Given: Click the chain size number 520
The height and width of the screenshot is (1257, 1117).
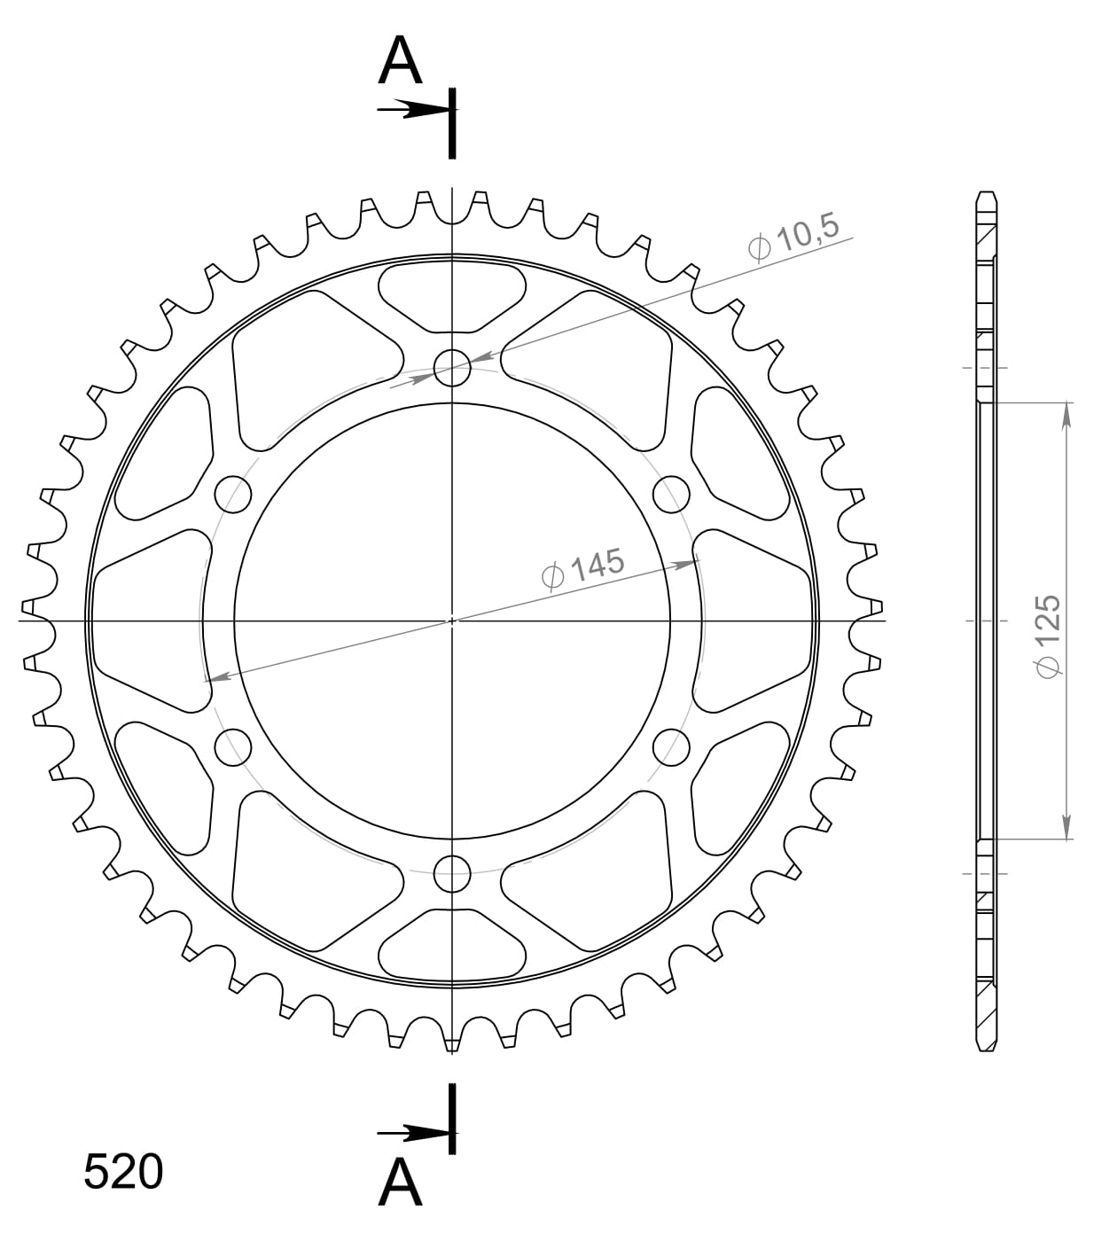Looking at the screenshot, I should [123, 1172].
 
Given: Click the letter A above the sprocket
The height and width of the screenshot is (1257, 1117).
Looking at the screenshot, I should [400, 61].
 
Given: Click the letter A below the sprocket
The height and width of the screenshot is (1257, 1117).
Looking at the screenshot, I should [400, 1183].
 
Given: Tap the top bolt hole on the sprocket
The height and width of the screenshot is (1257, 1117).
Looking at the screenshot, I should [452, 367].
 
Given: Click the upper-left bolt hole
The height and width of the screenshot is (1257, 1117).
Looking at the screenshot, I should [233, 494].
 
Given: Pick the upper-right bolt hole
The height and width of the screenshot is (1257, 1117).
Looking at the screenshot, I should [672, 494].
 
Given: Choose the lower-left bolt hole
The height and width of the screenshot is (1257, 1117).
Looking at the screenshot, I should [233, 747].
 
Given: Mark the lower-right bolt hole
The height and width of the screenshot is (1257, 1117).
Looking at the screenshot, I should [672, 747].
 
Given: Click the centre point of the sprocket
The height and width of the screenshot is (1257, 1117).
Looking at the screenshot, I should [452, 621].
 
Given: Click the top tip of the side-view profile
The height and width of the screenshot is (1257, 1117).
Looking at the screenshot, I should [988, 193].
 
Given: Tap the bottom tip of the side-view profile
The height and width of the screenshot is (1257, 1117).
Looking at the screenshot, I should [988, 1050].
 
